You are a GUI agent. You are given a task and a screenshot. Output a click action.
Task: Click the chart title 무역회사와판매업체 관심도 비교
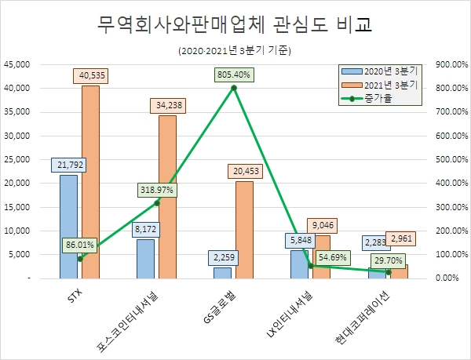click(x=235, y=25)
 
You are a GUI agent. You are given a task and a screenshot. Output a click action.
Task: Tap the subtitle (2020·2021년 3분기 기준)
click(x=235, y=52)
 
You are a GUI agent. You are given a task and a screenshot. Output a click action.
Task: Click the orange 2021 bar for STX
click(x=90, y=184)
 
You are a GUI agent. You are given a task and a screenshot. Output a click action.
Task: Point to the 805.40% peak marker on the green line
click(x=234, y=87)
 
